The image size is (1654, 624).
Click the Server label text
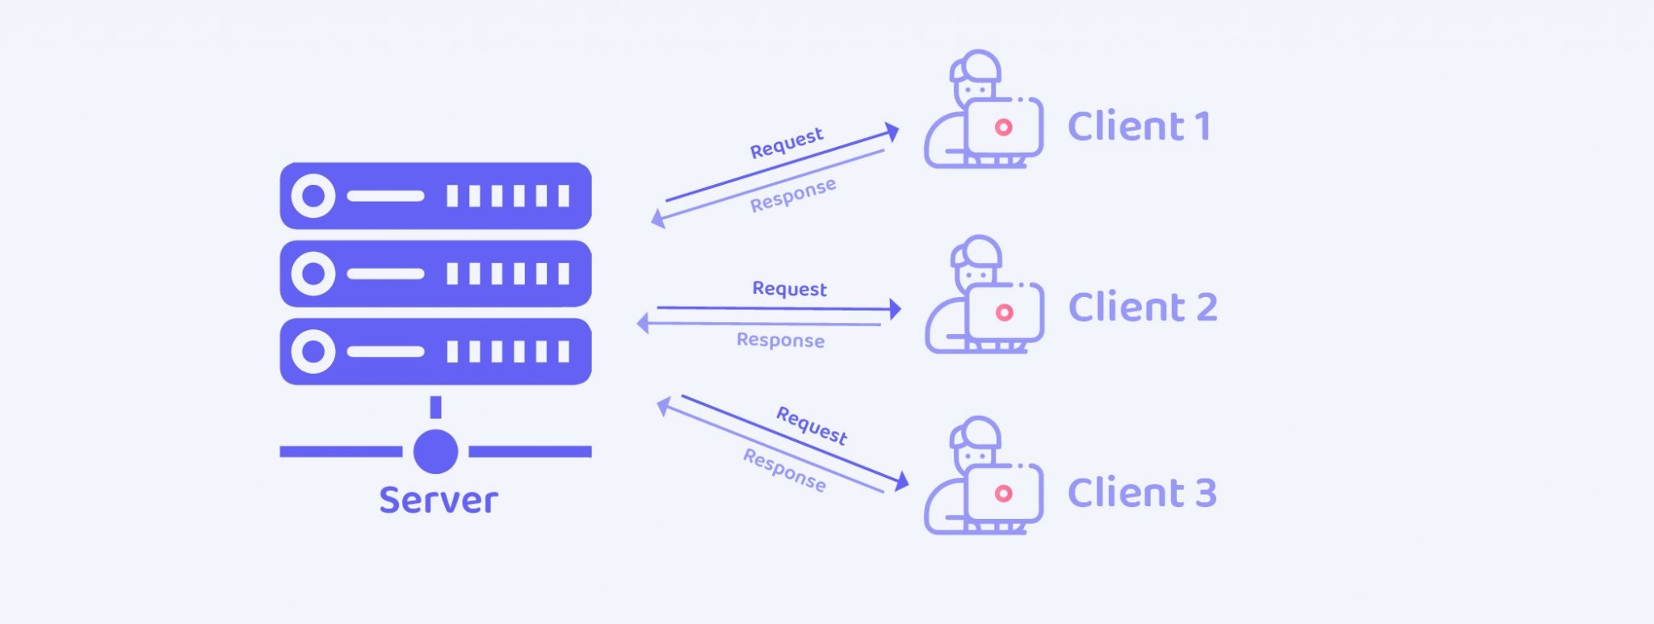coord(439,500)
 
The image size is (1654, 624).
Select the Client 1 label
coord(1139,127)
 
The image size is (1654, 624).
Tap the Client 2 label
coord(1142,308)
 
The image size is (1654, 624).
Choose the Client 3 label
coord(1141,493)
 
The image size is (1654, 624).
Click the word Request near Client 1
coord(787,143)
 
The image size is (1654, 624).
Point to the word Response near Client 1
coord(792,195)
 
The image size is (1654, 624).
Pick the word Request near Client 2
coord(789,289)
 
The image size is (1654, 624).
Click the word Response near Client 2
coord(780,340)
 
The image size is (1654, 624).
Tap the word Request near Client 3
coord(812,425)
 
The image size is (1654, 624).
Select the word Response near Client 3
coord(784,471)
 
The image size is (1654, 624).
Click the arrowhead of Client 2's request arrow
coord(895,308)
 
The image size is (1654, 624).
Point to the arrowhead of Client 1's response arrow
coord(657,219)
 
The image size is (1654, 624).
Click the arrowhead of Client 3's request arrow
coord(902,483)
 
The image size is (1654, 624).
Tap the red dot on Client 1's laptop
coord(1003,127)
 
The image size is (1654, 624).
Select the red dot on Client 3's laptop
coord(1003,493)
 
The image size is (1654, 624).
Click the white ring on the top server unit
coord(313,195)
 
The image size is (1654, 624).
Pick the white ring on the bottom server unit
coord(313,351)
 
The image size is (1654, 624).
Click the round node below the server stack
coord(435,451)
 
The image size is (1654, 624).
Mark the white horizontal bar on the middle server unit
coord(385,274)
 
